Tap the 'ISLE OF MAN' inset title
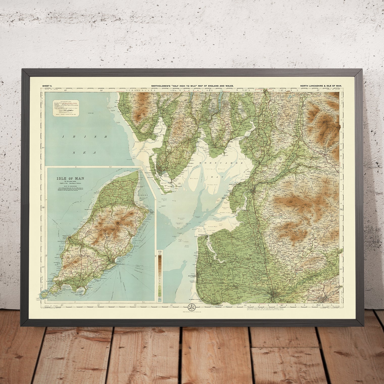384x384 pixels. [x=70, y=178]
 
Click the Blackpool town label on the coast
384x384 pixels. [x=192, y=276]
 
